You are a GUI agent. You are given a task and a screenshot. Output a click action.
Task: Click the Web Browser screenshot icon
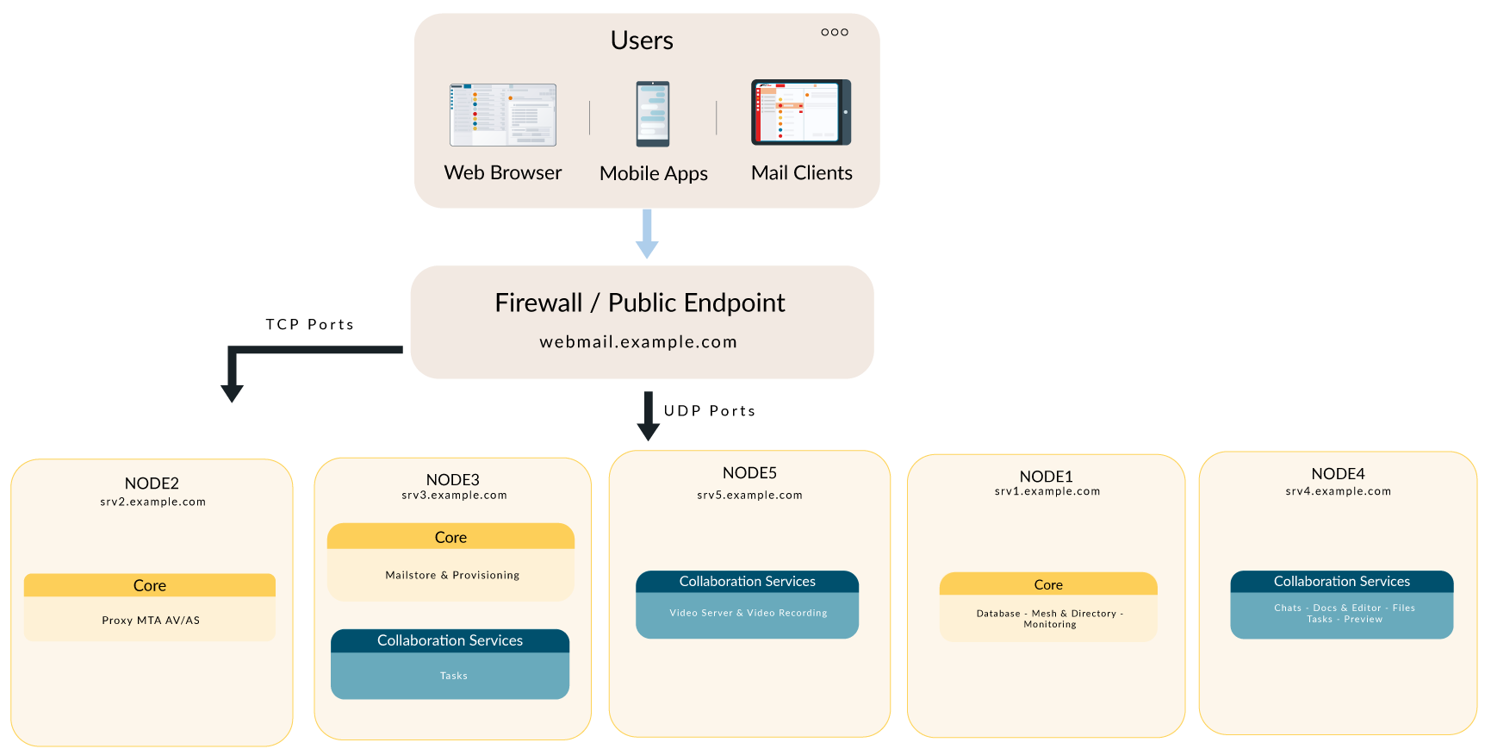coord(503,115)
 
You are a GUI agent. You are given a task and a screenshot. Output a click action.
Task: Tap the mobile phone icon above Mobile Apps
coord(653,114)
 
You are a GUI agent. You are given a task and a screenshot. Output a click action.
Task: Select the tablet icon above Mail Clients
coord(801,112)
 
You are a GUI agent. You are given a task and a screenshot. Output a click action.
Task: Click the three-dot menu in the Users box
coord(834,32)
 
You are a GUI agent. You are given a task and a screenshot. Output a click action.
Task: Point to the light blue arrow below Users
coord(647,234)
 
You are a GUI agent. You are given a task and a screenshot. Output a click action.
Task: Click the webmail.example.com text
coord(638,342)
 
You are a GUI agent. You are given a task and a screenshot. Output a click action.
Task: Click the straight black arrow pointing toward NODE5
coord(648,415)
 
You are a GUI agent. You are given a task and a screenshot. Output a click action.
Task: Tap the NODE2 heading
coord(152,484)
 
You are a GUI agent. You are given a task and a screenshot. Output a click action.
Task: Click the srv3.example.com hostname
coord(454,496)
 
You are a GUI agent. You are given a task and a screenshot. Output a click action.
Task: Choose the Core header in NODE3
coord(450,537)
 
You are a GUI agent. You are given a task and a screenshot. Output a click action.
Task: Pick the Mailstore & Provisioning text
coord(452,575)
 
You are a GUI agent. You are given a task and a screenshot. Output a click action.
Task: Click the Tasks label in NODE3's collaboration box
coord(453,676)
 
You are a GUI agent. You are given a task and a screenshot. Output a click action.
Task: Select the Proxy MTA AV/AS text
coord(151,621)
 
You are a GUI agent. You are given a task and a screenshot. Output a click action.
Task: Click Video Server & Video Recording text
coord(748,613)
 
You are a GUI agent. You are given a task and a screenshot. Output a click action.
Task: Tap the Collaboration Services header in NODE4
coord(1341,582)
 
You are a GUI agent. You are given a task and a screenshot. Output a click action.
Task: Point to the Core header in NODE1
coord(1047,584)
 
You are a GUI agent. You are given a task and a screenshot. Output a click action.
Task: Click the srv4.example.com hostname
coord(1338,491)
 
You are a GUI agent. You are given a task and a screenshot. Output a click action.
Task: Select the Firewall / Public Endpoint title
coord(639,303)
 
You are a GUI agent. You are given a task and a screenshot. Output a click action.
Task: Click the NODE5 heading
coord(749,473)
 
